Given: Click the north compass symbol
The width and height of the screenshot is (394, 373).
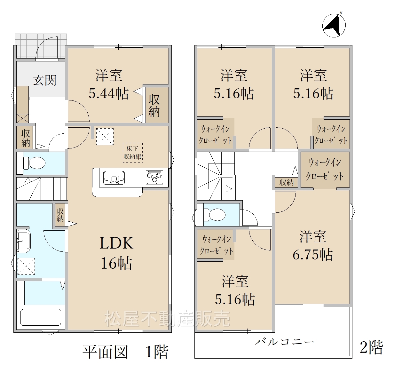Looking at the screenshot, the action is (334, 25).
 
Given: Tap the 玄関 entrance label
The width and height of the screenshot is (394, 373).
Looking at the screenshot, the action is (44, 80).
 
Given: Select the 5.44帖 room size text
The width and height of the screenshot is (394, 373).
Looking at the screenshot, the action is (108, 93).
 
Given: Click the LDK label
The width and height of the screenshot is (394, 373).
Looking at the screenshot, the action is (116, 243).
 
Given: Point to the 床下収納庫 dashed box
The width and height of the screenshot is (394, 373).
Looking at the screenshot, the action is (133, 153).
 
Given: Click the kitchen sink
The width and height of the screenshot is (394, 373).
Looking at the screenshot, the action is (114, 178).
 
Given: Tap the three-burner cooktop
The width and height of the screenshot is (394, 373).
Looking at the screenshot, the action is (154, 178).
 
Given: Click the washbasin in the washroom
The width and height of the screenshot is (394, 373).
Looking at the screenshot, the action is (24, 241).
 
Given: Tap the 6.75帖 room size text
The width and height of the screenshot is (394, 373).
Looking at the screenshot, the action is (312, 255).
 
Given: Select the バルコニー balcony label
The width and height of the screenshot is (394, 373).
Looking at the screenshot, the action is (285, 342).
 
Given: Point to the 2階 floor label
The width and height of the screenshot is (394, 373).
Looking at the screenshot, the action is (371, 347).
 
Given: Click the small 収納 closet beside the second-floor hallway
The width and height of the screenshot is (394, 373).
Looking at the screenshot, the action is (286, 182).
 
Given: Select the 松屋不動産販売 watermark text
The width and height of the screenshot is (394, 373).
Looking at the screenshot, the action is (167, 318).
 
